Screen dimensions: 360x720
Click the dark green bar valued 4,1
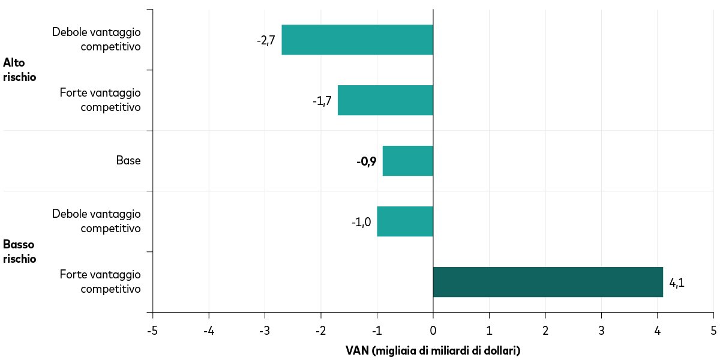548,282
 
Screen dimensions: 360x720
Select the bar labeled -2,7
357,40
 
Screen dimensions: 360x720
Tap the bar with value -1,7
385,100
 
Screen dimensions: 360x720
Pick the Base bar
407,161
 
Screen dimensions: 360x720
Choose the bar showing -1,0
405,221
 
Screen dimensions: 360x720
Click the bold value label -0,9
366,161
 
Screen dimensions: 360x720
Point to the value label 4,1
676,283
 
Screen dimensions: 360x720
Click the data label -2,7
266,40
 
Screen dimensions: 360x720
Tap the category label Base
128,161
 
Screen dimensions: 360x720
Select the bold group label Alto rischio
20,70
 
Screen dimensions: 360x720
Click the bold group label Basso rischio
20,251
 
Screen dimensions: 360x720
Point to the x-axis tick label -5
152,331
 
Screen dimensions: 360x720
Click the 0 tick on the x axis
433,331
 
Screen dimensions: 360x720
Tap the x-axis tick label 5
713,331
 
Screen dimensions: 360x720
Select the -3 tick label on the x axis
265,331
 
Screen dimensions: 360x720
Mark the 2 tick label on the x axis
545,331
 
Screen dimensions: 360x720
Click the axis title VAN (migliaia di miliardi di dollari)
433,350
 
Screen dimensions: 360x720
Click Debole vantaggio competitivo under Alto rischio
96,39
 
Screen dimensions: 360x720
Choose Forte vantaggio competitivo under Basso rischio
100,281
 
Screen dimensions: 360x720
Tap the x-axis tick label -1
376,331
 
